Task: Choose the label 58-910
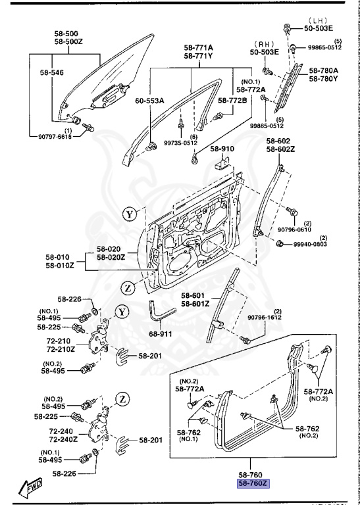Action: pyautogui.click(x=223, y=149)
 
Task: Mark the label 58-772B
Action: pyautogui.click(x=233, y=101)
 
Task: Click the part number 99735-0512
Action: pyautogui.click(x=180, y=143)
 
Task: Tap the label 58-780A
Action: pyautogui.click(x=324, y=70)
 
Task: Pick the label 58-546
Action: pyautogui.click(x=53, y=73)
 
